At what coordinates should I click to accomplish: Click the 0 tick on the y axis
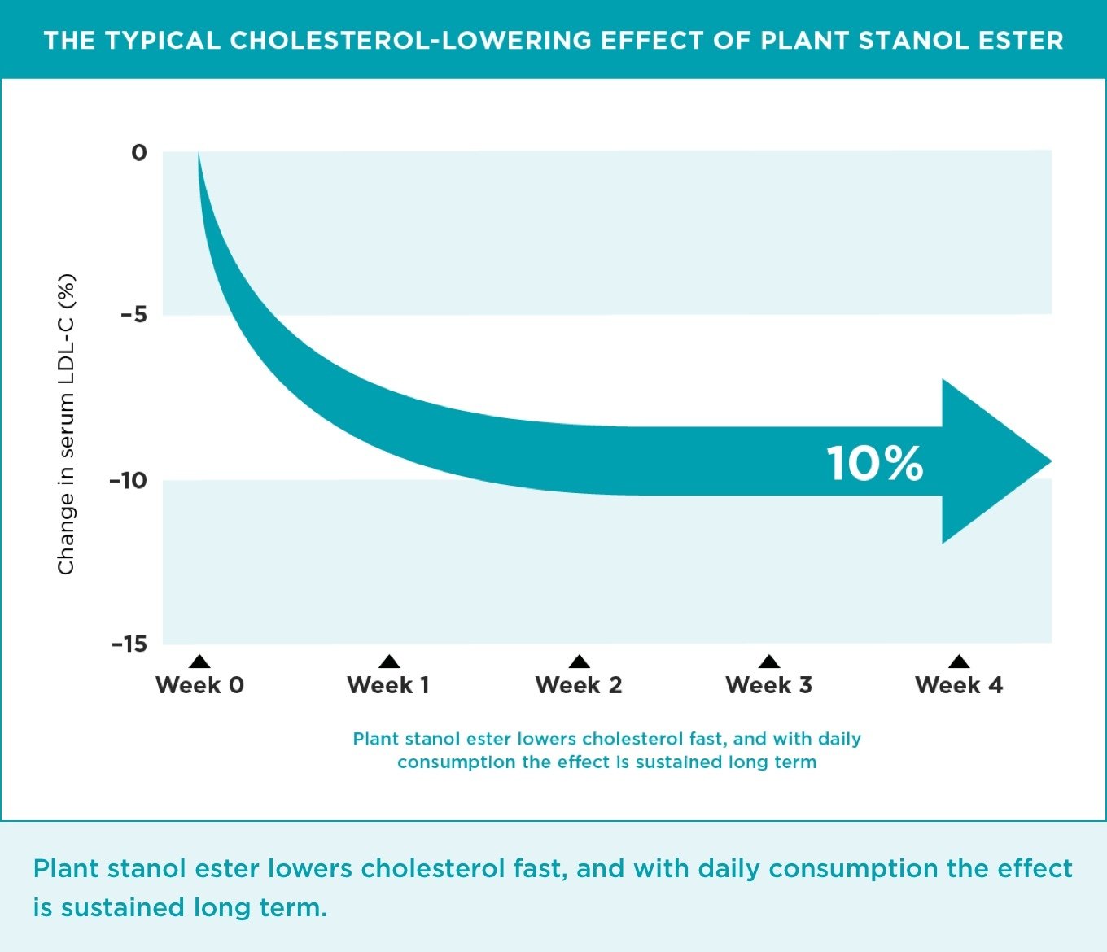[x=139, y=153]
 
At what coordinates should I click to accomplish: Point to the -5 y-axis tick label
[x=134, y=314]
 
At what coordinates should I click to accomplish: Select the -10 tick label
[x=129, y=480]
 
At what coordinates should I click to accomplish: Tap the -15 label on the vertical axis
[x=129, y=644]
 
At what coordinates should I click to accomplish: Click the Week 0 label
[x=199, y=685]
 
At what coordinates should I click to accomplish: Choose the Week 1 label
[x=388, y=685]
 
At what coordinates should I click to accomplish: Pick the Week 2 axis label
[x=579, y=685]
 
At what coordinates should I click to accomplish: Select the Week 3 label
[x=768, y=685]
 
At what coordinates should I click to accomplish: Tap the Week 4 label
[x=959, y=685]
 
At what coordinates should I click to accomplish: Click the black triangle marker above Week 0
[x=199, y=662]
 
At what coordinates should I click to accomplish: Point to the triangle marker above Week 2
[x=579, y=662]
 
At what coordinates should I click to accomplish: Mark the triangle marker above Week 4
[x=959, y=662]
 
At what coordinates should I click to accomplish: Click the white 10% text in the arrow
[x=875, y=463]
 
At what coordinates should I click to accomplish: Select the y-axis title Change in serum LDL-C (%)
[x=66, y=424]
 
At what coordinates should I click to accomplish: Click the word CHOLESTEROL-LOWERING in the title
[x=411, y=41]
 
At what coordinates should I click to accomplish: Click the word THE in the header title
[x=69, y=41]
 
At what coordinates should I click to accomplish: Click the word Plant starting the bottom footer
[x=66, y=868]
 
